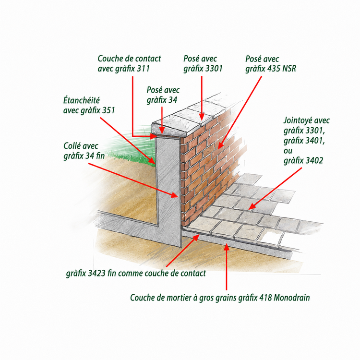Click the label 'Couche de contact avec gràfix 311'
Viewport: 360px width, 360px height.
[129, 63]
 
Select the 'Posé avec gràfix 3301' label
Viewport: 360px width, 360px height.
[203, 63]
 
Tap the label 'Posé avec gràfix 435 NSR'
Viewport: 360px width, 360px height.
[271, 63]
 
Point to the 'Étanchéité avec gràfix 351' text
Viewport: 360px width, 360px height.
[89, 106]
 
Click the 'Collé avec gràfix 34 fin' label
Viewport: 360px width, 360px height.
[84, 151]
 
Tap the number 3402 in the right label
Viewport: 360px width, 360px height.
[313, 160]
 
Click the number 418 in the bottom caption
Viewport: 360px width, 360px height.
[265, 298]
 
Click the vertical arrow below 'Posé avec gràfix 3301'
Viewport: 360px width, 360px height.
[202, 98]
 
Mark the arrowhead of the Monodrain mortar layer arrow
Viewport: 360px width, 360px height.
[227, 247]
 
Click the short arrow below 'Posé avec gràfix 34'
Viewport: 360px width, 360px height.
[162, 120]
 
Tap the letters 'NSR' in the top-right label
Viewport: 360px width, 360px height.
[289, 69]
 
